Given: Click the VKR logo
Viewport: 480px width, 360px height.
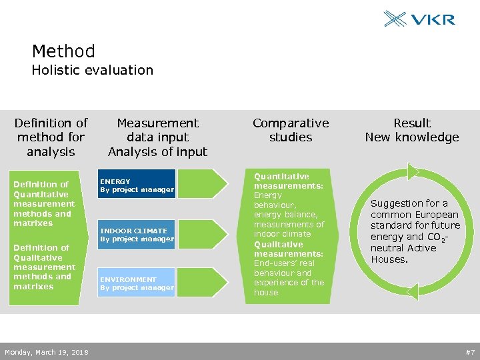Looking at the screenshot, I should pos(419,19).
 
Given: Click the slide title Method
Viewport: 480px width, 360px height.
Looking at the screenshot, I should pos(63,51).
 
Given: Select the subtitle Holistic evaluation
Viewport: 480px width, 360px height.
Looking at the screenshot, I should pos(92,70).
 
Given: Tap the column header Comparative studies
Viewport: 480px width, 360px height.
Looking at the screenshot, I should pos(291,130).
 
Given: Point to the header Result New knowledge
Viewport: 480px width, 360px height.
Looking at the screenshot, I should pos(412,130).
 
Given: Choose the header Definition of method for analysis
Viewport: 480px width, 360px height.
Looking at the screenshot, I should pos(51,137).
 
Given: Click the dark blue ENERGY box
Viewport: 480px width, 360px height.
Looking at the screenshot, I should pos(137,185).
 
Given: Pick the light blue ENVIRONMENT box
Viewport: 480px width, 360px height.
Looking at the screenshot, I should pos(137,283).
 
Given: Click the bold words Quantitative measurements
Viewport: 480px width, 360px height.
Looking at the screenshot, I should pos(288,181).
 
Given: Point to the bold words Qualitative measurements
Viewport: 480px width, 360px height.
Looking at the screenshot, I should pos(288,249).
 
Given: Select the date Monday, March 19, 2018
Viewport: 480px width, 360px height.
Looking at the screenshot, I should pos(47,351).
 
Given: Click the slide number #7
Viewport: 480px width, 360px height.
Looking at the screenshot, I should pos(469,351).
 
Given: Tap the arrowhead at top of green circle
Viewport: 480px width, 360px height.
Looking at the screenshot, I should pos(414,171).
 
